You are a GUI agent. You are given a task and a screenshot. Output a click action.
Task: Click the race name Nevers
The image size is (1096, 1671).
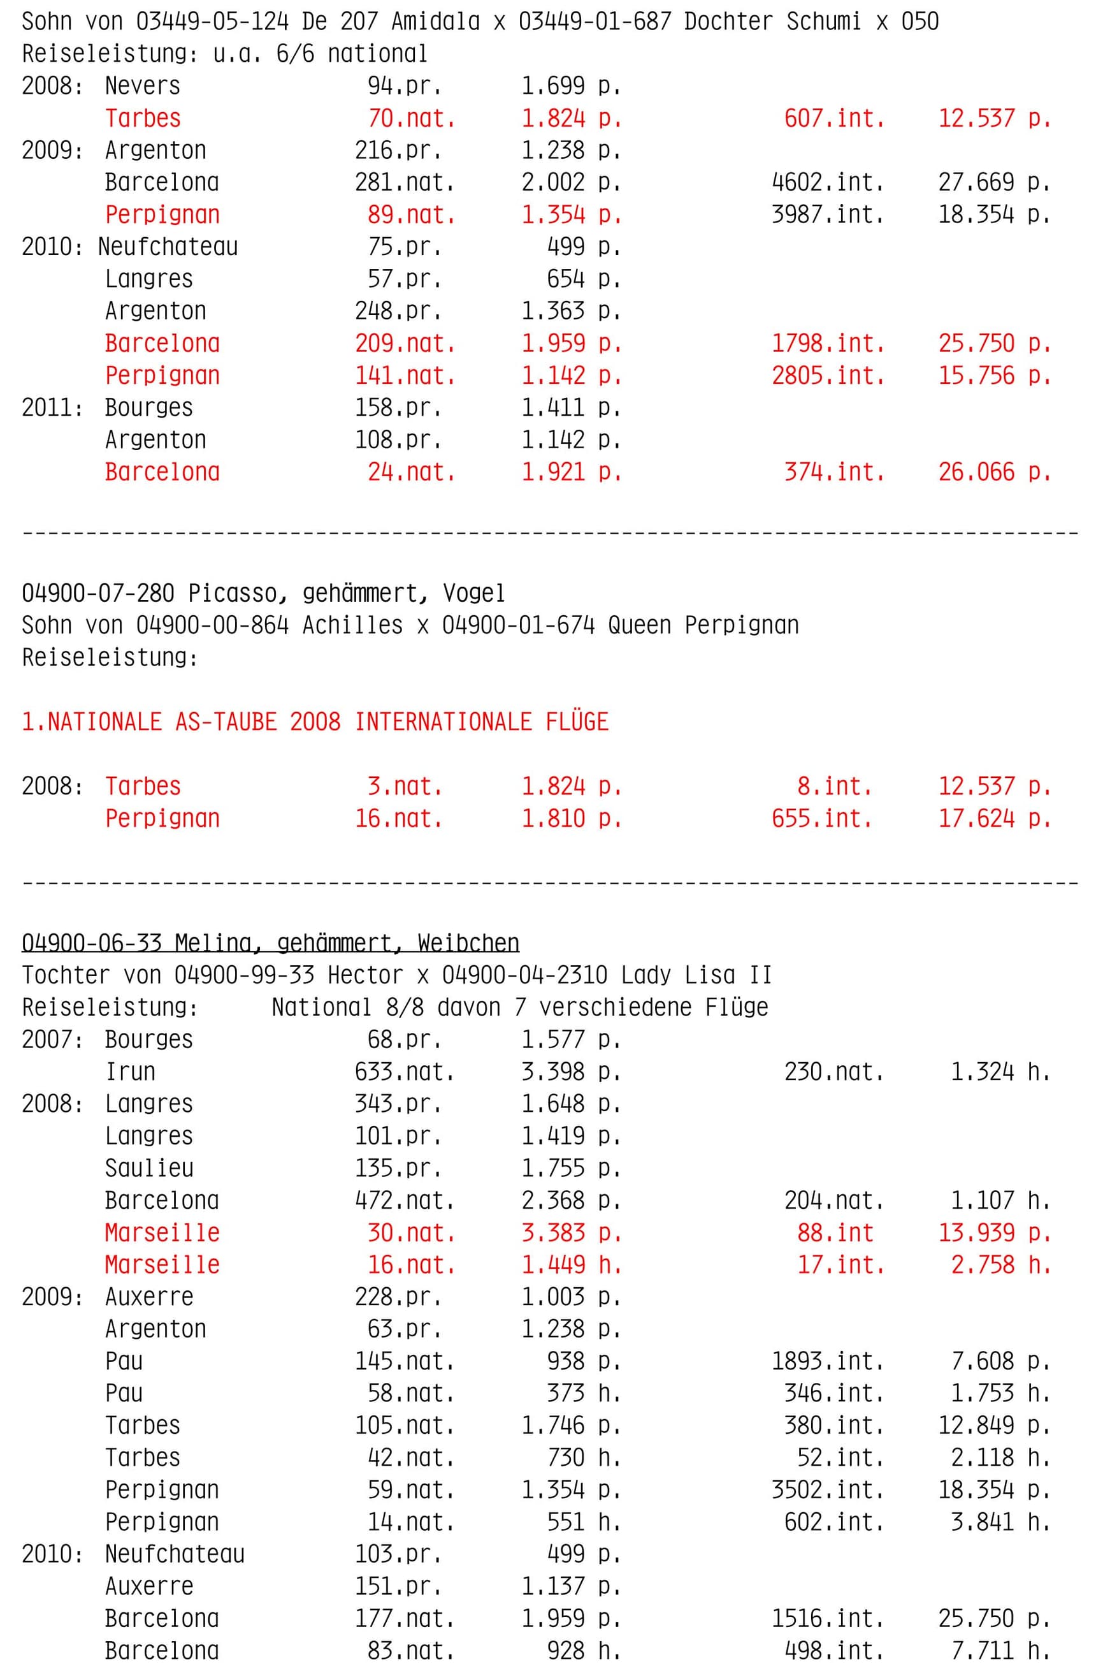143,85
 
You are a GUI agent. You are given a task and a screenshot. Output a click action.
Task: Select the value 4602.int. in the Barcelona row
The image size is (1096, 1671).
827,182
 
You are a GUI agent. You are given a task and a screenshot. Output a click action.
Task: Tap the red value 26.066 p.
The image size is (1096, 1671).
994,472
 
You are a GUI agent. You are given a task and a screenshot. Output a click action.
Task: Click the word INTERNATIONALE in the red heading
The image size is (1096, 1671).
443,722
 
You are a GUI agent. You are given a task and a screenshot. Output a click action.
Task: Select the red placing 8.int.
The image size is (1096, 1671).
834,786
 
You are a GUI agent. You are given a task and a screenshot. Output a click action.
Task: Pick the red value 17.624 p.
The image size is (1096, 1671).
994,819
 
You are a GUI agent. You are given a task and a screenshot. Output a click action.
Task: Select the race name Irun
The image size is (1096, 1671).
130,1072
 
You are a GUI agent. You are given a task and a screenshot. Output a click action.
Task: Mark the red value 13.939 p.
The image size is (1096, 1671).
994,1233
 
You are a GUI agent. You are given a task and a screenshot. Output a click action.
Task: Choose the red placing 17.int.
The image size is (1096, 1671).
840,1265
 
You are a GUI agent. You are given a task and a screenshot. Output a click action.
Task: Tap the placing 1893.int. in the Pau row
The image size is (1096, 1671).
827,1361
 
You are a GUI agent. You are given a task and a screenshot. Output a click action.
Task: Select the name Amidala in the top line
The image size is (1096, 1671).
435,22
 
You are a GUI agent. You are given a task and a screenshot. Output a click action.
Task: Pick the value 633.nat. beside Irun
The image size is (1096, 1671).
404,1072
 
